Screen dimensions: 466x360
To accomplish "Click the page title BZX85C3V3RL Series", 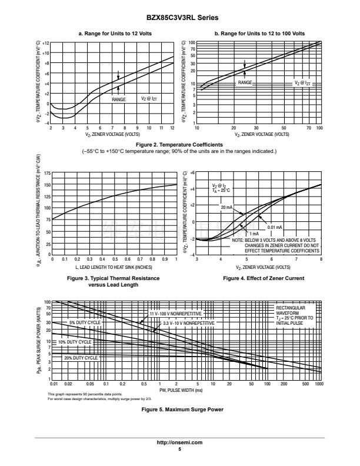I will tap(180, 18).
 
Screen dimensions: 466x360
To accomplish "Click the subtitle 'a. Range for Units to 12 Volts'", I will tap(112, 34).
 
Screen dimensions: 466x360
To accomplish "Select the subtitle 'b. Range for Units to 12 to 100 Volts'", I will tap(259, 34).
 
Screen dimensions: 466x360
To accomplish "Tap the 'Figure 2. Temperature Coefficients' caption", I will tap(179, 144).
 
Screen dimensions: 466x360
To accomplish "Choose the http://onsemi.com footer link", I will tap(179, 442).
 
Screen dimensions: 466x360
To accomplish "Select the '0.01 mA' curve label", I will tap(275, 227).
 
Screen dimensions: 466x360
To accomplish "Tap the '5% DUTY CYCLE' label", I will tap(85, 323).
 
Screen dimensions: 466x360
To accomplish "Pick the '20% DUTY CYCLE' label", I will tap(81, 358).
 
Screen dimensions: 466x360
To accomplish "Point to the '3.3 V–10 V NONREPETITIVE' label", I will tap(189, 323).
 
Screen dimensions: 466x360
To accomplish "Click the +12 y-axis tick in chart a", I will tap(46, 44).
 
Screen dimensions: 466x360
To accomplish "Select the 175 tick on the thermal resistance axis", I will tap(47, 173).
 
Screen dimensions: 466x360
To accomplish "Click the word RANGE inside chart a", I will tap(119, 100).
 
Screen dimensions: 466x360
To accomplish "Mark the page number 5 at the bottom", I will tap(179, 448).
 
